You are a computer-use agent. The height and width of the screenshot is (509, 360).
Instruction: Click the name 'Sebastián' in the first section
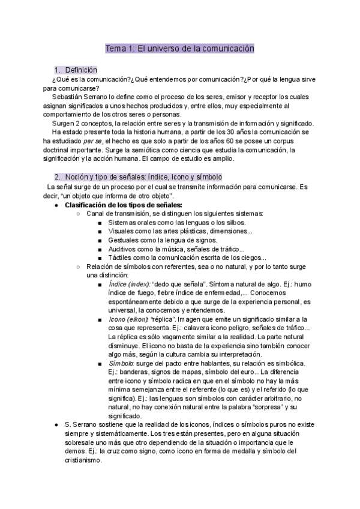click(67, 97)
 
